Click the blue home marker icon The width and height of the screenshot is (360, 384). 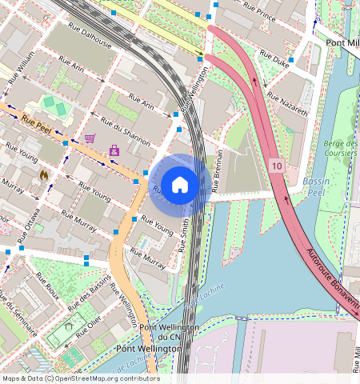(x=180, y=185)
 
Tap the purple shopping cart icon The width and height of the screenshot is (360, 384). (x=90, y=138)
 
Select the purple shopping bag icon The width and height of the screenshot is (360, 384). (x=114, y=150)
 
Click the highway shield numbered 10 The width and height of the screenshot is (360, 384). (x=276, y=166)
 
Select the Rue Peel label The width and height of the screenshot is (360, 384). (x=38, y=122)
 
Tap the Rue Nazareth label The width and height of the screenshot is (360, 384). (x=287, y=104)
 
